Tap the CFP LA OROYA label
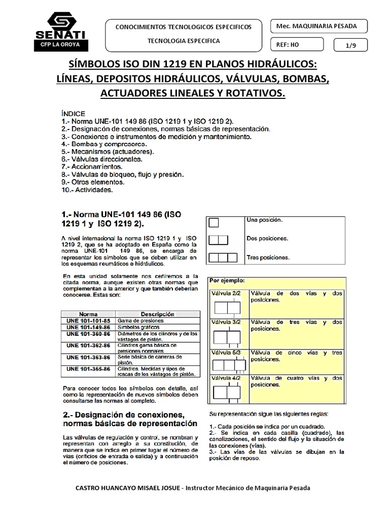coord(60,45)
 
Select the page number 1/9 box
coord(350,45)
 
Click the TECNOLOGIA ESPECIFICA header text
coord(183,41)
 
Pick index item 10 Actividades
coord(87,190)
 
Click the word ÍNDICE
coord(73,113)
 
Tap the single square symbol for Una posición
coord(214,222)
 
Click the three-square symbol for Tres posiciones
coord(223,258)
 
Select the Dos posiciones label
coord(267,238)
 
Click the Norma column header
coord(88,314)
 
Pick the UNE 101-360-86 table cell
coord(88,333)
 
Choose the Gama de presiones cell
coord(140,320)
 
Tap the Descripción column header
coord(157,314)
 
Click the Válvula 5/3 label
coord(226,353)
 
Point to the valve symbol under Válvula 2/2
coord(227,308)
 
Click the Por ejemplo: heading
coord(227,281)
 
